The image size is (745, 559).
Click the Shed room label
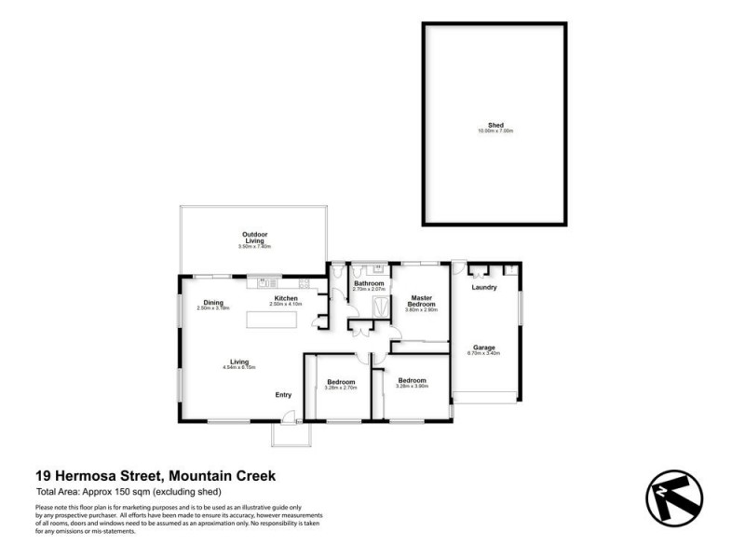click(x=494, y=125)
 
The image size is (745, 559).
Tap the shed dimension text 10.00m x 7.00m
click(x=494, y=131)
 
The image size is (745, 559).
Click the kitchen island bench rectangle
click(x=272, y=320)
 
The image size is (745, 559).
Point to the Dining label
click(x=213, y=302)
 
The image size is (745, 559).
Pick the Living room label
click(x=239, y=361)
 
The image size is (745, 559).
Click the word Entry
click(x=284, y=395)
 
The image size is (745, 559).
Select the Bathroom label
click(x=369, y=283)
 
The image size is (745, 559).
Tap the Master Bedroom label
click(x=421, y=300)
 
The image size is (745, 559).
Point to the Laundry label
click(x=484, y=287)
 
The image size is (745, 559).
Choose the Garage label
click(x=484, y=348)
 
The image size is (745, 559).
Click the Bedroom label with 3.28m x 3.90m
click(x=412, y=380)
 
